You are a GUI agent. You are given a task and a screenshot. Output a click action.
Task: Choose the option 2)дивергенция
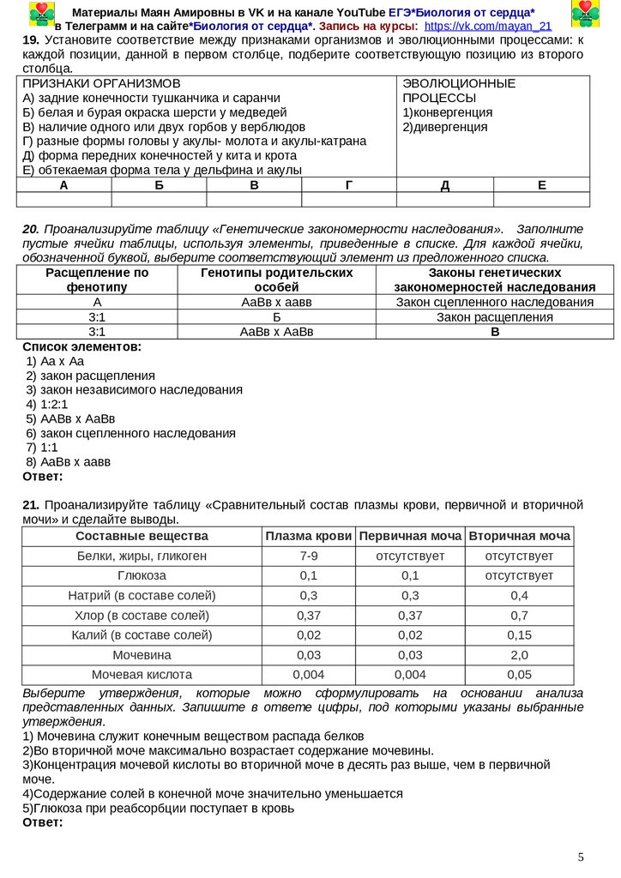(444, 127)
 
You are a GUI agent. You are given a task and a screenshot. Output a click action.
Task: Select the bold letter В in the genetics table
(495, 332)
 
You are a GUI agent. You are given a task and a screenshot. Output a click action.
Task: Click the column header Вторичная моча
(519, 536)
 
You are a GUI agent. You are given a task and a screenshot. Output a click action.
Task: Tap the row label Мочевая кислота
(142, 674)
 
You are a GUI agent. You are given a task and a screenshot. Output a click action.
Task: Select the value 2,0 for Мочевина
(519, 654)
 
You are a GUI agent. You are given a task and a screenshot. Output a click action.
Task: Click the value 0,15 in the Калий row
(519, 634)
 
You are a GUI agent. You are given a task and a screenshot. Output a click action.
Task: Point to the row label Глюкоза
(142, 575)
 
